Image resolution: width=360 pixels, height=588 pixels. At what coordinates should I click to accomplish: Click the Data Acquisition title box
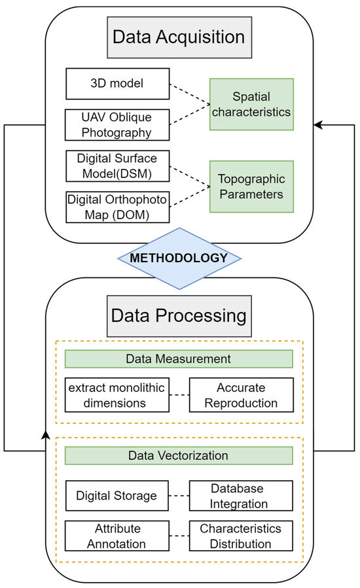(x=179, y=36)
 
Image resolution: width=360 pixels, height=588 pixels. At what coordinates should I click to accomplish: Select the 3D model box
(x=117, y=84)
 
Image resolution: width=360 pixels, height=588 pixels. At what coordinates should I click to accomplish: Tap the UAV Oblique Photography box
(x=117, y=124)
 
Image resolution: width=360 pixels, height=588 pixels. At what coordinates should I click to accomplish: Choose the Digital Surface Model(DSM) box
(x=117, y=166)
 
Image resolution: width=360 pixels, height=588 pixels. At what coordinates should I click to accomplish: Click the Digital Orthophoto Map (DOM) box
(x=117, y=206)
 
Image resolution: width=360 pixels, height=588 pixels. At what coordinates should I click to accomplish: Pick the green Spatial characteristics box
(x=251, y=104)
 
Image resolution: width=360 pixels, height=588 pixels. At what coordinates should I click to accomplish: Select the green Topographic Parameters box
(x=251, y=186)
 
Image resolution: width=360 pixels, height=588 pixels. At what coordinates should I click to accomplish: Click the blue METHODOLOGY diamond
(x=179, y=258)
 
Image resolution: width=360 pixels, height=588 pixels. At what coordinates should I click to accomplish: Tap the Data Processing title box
(x=179, y=316)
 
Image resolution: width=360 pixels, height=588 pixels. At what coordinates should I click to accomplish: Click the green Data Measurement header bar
(x=179, y=359)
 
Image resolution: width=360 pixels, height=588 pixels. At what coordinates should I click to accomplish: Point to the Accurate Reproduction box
(x=241, y=394)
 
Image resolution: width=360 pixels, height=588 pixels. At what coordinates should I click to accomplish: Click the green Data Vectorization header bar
(x=179, y=456)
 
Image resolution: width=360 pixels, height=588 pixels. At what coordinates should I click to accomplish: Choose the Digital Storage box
(x=117, y=496)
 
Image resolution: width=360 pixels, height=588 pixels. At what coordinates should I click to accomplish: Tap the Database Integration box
(x=241, y=496)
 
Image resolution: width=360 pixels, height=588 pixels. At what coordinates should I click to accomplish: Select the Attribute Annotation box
(x=117, y=536)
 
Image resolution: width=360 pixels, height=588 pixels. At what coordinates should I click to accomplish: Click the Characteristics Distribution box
(x=241, y=536)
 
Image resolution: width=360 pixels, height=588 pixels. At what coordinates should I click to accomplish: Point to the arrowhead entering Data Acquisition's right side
(x=318, y=124)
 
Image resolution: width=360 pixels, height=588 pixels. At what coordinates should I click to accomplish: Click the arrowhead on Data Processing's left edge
(x=45, y=434)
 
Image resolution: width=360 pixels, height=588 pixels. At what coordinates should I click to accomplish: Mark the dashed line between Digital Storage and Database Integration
(x=179, y=496)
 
